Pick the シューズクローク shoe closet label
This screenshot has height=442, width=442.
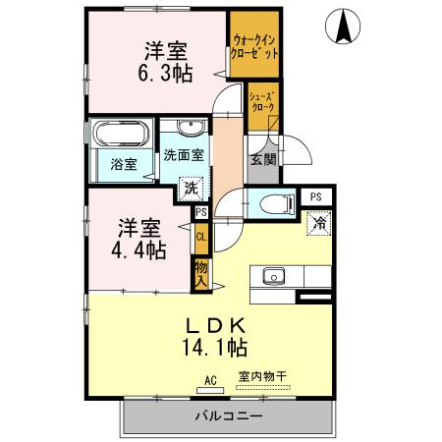click(263, 101)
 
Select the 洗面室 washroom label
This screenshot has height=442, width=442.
click(184, 155)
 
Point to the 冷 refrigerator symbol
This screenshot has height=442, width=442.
click(319, 224)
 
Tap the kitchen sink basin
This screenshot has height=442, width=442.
click(272, 275)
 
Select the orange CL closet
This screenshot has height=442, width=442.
click(200, 237)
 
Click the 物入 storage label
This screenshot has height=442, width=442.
click(200, 272)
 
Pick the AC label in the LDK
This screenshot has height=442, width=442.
click(210, 378)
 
